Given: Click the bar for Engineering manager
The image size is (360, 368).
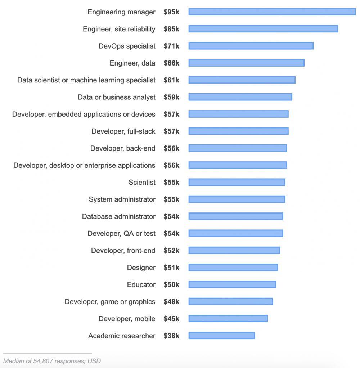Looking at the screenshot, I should (x=272, y=12).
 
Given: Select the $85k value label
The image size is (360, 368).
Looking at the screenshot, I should (x=171, y=29).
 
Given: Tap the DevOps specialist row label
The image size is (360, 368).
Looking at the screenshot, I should (x=127, y=46).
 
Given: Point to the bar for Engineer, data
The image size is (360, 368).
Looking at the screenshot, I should (x=246, y=63).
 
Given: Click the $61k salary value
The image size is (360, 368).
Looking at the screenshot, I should (x=171, y=80).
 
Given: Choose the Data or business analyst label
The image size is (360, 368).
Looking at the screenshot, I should (x=117, y=97).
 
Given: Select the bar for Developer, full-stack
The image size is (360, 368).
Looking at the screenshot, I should (x=238, y=131).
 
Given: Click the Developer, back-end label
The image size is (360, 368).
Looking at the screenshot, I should (x=123, y=148).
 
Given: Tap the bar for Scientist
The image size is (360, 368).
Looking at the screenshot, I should (x=237, y=183).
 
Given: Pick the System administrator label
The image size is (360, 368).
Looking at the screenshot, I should (x=122, y=199).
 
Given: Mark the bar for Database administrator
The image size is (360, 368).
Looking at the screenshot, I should (x=236, y=216).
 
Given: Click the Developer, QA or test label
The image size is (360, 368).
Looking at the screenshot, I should (x=121, y=234).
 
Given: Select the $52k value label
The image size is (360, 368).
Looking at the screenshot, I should (x=171, y=251).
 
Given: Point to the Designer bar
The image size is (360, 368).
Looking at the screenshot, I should (x=233, y=268).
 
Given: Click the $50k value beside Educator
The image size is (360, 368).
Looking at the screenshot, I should (x=171, y=284).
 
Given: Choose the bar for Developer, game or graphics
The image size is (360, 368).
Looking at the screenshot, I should (x=231, y=302).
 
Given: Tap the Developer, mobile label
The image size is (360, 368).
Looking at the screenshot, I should (x=127, y=319).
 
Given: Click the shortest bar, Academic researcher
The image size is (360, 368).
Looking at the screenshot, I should (x=222, y=336).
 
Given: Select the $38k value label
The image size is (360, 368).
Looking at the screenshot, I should (x=171, y=336).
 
